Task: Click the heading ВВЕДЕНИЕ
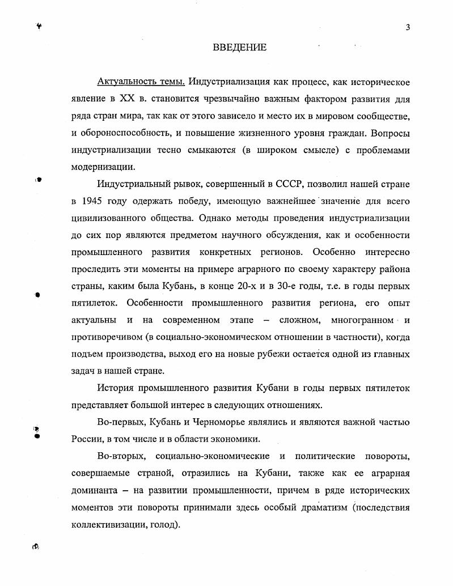239,47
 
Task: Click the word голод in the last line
166,525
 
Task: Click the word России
87,439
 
